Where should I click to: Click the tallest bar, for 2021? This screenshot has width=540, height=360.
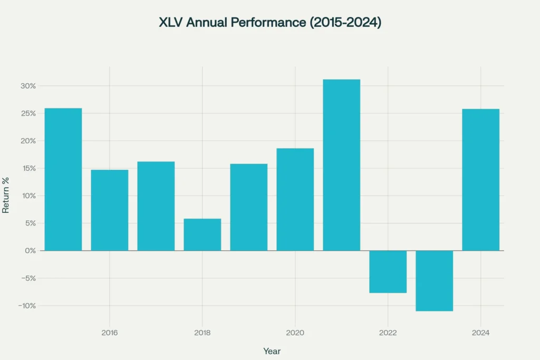[341, 165]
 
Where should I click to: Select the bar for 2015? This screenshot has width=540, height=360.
[63, 179]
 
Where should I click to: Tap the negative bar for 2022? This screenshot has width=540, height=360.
[388, 271]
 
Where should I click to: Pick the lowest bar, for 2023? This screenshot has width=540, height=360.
[434, 280]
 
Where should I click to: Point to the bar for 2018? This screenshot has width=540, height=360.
[202, 235]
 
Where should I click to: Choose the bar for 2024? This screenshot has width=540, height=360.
[480, 180]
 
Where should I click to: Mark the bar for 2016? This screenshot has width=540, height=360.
[110, 210]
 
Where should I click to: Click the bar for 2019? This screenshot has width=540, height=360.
[248, 207]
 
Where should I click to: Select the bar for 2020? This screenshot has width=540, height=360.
[295, 199]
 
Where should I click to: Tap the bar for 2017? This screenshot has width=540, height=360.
[156, 206]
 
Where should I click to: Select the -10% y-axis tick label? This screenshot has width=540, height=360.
[27, 306]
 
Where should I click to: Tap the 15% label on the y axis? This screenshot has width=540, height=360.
[29, 169]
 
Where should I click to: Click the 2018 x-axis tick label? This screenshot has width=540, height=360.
[202, 333]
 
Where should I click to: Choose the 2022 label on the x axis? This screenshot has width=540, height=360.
[388, 333]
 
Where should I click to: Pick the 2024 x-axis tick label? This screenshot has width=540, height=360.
[480, 333]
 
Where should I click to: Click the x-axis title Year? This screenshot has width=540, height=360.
[272, 351]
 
